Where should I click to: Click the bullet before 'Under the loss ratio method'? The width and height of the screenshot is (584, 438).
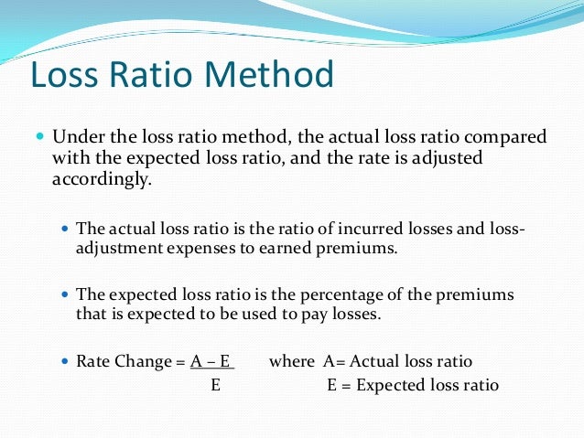point(39,138)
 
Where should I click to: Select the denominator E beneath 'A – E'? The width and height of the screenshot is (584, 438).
point(215,385)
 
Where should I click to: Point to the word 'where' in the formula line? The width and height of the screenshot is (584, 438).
point(290,361)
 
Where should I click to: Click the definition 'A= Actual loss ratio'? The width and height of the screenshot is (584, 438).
point(398,361)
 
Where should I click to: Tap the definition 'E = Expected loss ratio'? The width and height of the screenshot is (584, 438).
point(413,385)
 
